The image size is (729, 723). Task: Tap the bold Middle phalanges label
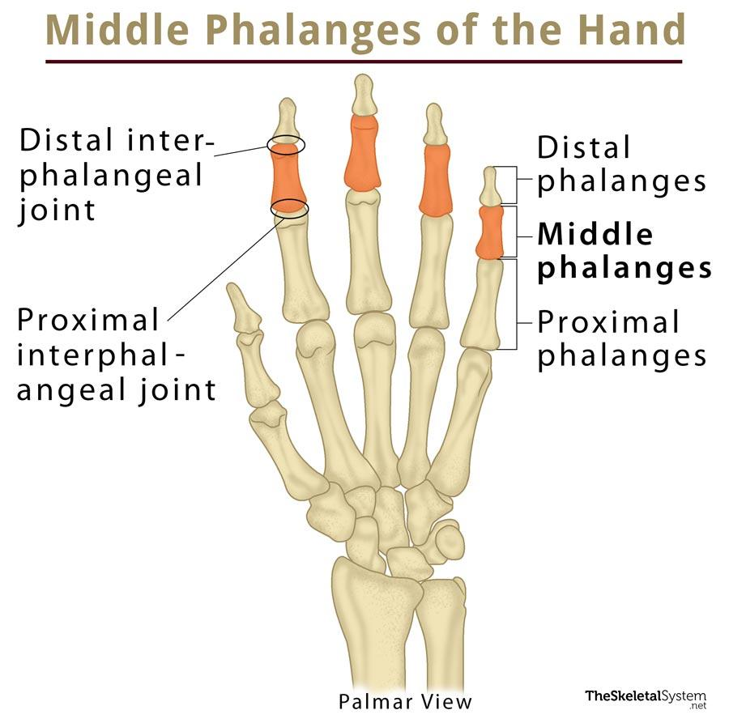pos(624,251)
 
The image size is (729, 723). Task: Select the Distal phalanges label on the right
pos(621,164)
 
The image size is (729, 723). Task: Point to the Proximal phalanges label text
pos(621,338)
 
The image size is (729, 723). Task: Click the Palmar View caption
pos(405,702)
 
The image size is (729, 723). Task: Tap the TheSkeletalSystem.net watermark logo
pos(646,700)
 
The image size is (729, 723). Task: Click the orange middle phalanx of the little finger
pos(490,232)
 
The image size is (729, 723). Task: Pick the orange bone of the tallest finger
pos(362,153)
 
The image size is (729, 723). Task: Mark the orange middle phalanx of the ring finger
pos(436,181)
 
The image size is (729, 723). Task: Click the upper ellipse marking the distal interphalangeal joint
pos(287,144)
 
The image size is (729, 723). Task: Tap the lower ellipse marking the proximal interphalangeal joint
pos(289,208)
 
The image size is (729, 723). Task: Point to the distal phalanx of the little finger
pos(490,186)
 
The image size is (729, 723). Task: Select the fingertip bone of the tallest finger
pos(364,95)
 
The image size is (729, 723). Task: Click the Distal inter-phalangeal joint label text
pos(116,175)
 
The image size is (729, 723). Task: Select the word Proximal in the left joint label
pos(88,320)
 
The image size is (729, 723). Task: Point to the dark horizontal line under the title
pos(364,62)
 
